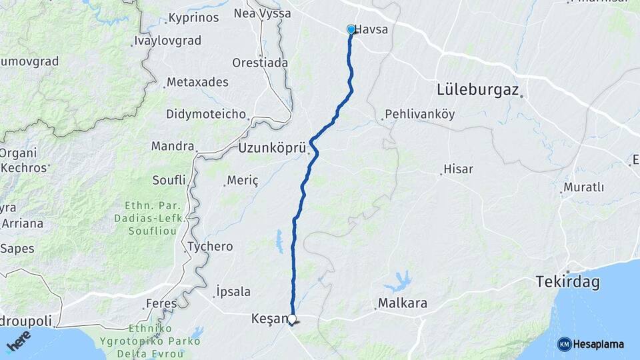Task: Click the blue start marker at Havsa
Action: [x=351, y=29]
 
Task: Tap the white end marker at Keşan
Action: [x=292, y=319]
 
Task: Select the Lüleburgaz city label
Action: [x=477, y=89]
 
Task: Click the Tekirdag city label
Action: [x=567, y=283]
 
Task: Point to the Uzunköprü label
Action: [x=271, y=148]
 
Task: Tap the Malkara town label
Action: [x=403, y=304]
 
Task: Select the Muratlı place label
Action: [x=583, y=187]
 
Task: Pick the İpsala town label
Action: [x=233, y=291]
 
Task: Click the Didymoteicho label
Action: [x=206, y=114]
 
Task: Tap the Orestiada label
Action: [x=260, y=63]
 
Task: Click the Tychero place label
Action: [x=211, y=247]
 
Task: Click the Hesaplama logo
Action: [x=591, y=344]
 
